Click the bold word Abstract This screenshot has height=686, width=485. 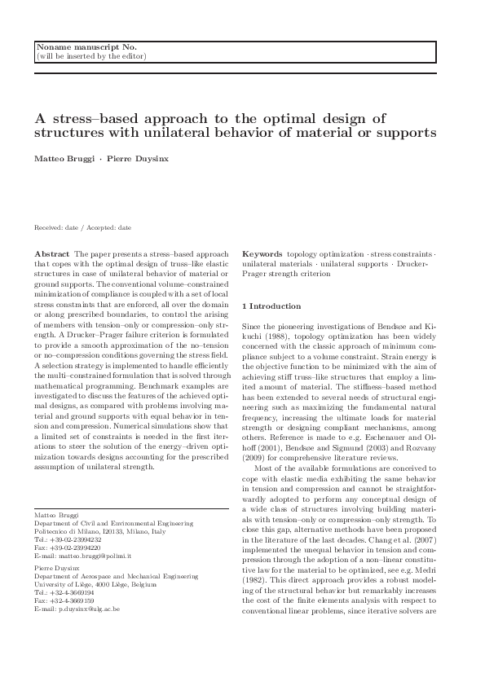51,254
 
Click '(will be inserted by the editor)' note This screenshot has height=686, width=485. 90,56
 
